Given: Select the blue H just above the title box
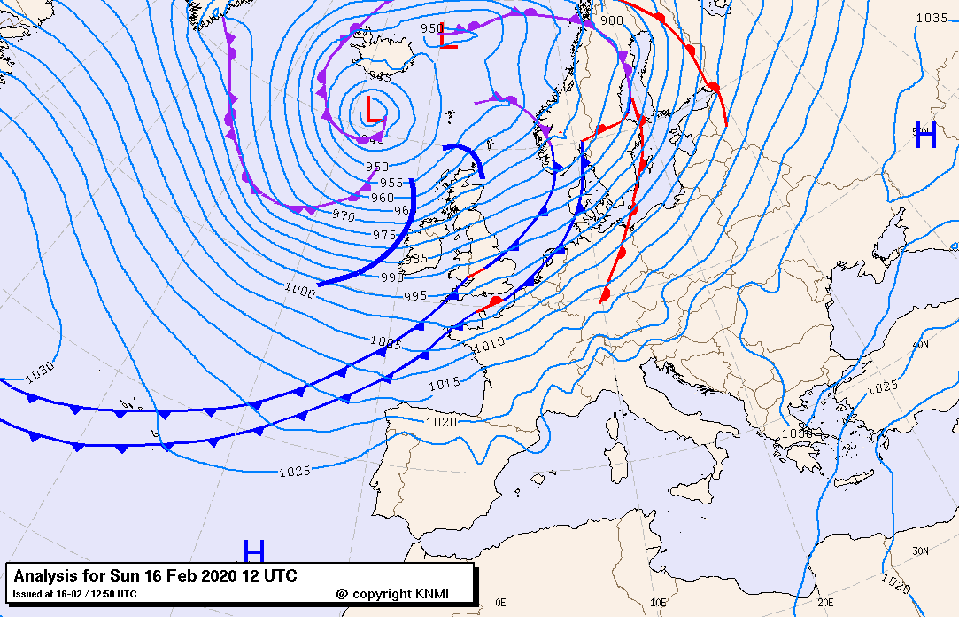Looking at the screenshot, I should pyautogui.click(x=254, y=551).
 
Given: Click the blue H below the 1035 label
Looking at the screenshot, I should pyautogui.click(x=925, y=136).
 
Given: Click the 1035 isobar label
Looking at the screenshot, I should pyautogui.click(x=932, y=18).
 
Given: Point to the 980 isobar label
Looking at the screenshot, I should pyautogui.click(x=612, y=20).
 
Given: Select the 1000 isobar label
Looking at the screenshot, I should pyautogui.click(x=300, y=288).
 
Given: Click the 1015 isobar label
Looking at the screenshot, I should pyautogui.click(x=444, y=383).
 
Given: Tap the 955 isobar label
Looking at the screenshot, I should pyautogui.click(x=391, y=183).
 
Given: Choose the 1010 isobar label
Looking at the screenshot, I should pyautogui.click(x=490, y=342).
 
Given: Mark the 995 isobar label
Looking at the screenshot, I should pyautogui.click(x=415, y=295).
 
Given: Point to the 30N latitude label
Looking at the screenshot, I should pyautogui.click(x=921, y=551).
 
